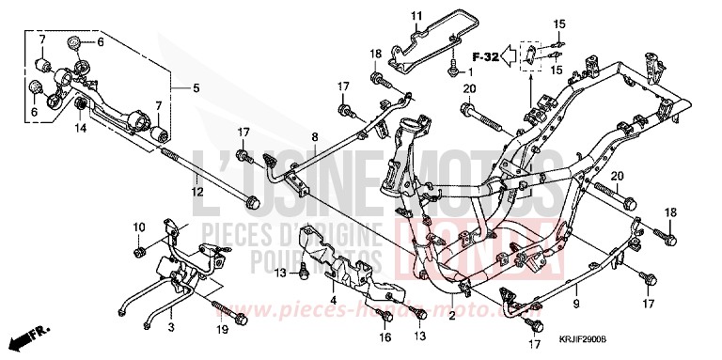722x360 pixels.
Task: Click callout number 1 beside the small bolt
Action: click(467, 73)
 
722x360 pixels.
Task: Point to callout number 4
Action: click(332, 301)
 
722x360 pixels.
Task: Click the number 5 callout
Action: click(196, 89)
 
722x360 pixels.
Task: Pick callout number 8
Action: click(315, 138)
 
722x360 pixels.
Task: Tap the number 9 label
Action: click(575, 305)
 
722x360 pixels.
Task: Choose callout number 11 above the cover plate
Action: click(416, 16)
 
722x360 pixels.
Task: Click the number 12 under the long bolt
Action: click(197, 192)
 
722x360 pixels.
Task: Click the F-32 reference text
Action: click(486, 57)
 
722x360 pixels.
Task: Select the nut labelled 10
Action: click(139, 252)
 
